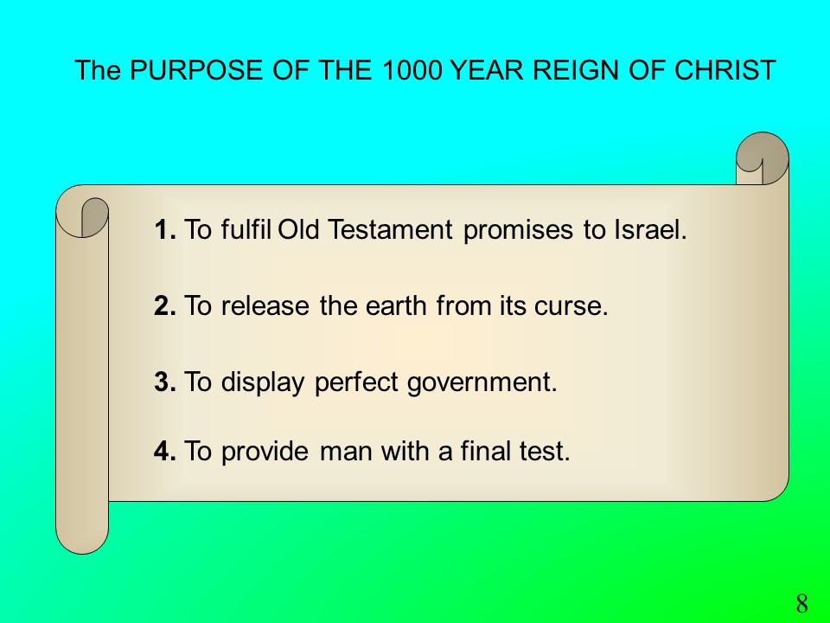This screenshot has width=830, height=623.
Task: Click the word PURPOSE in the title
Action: tap(196, 70)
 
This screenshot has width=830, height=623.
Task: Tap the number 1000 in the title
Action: tap(412, 70)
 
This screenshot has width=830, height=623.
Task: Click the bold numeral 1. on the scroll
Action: tap(165, 230)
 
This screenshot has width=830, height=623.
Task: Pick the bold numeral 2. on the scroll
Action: tap(165, 305)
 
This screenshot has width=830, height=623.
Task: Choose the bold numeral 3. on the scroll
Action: tap(165, 382)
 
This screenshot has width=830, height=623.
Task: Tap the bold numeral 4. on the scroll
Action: tap(165, 451)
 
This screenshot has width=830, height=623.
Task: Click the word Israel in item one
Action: tap(650, 230)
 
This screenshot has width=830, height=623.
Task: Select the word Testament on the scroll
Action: tap(390, 230)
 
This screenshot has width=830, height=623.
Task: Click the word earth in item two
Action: tap(396, 305)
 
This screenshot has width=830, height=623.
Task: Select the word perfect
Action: tap(356, 382)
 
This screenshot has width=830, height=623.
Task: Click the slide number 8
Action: tap(802, 603)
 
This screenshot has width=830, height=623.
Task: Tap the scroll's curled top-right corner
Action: tap(763, 157)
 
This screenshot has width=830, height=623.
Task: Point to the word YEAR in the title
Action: tap(487, 70)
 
